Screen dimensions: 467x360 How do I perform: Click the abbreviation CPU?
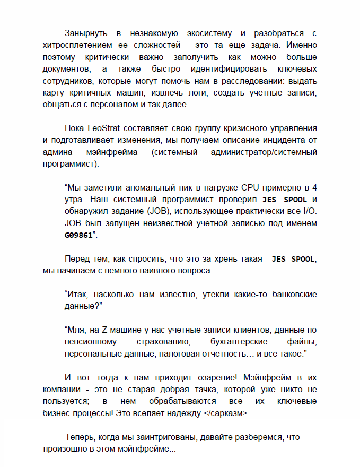tap(254, 188)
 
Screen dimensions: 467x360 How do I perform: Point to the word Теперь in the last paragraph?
tap(81, 437)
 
